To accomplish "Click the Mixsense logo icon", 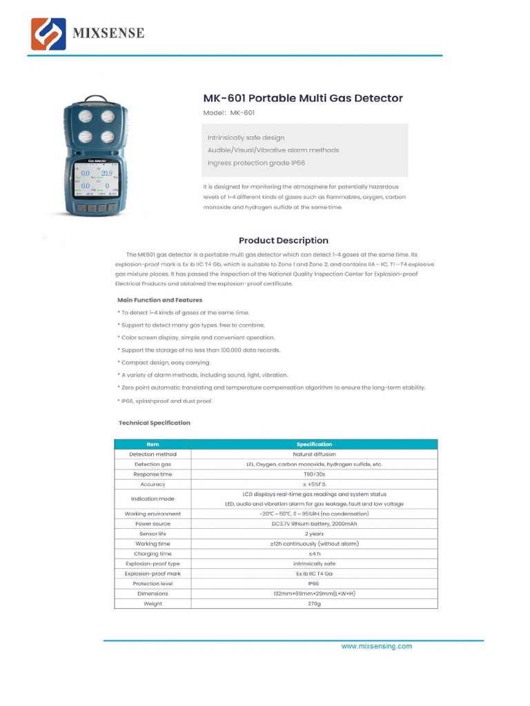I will point(48,34).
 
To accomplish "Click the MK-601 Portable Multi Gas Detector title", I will point(302,98).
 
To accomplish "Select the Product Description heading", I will point(284,241).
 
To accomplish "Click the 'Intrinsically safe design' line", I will point(246,138).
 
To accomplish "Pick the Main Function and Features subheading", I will point(160,300).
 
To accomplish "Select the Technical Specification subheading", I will point(155,423).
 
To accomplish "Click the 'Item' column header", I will point(153,445).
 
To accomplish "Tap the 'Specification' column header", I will point(314,445).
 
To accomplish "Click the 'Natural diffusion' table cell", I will point(314,454).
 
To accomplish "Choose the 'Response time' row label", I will point(153,474).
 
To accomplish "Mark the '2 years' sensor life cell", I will point(314,534).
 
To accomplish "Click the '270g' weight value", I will point(314,603).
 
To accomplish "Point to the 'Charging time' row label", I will point(153,554).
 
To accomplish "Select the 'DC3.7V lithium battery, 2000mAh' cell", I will point(314,524).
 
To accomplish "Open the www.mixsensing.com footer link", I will point(377,646).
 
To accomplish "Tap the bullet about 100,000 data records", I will point(199,350).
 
